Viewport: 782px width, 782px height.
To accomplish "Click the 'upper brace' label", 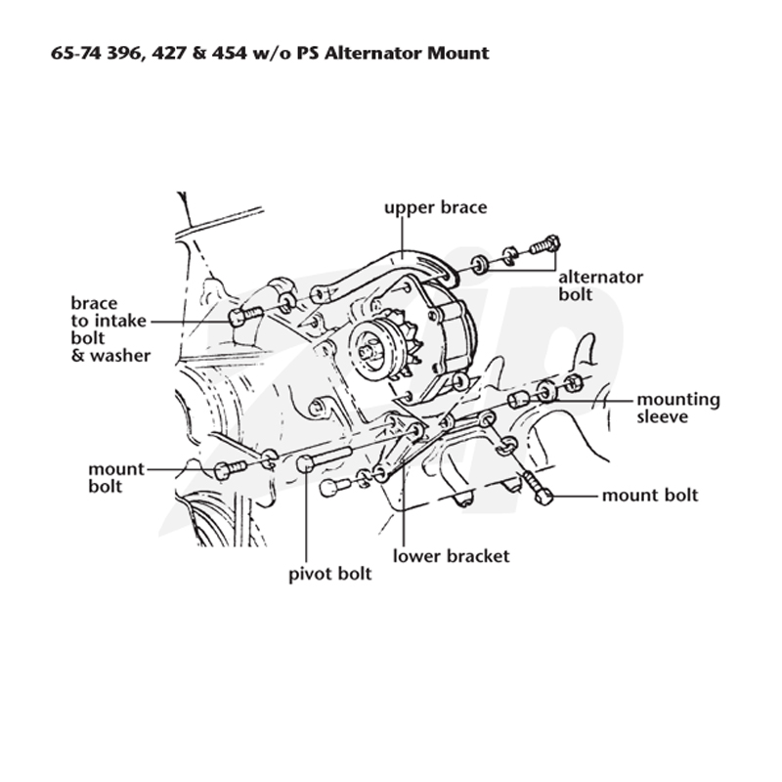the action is (435, 207).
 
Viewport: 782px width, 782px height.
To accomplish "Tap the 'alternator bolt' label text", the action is (600, 285).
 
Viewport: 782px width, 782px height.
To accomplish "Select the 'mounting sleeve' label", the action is (678, 408).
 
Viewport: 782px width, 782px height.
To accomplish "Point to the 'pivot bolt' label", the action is (330, 574).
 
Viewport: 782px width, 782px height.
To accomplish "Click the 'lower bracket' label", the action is (451, 556).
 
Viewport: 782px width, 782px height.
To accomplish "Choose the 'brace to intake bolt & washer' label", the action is (110, 329).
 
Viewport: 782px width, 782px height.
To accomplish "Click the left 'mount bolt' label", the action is (116, 477).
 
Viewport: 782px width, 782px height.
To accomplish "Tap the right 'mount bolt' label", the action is (650, 496).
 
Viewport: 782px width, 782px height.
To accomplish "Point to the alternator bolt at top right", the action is (544, 244).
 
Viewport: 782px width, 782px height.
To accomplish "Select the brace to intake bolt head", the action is (238, 317).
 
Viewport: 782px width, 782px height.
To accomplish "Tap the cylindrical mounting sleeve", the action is (519, 400).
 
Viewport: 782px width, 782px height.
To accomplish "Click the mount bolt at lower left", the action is (230, 470).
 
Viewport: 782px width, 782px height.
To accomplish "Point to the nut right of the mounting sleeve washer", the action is (574, 383).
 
